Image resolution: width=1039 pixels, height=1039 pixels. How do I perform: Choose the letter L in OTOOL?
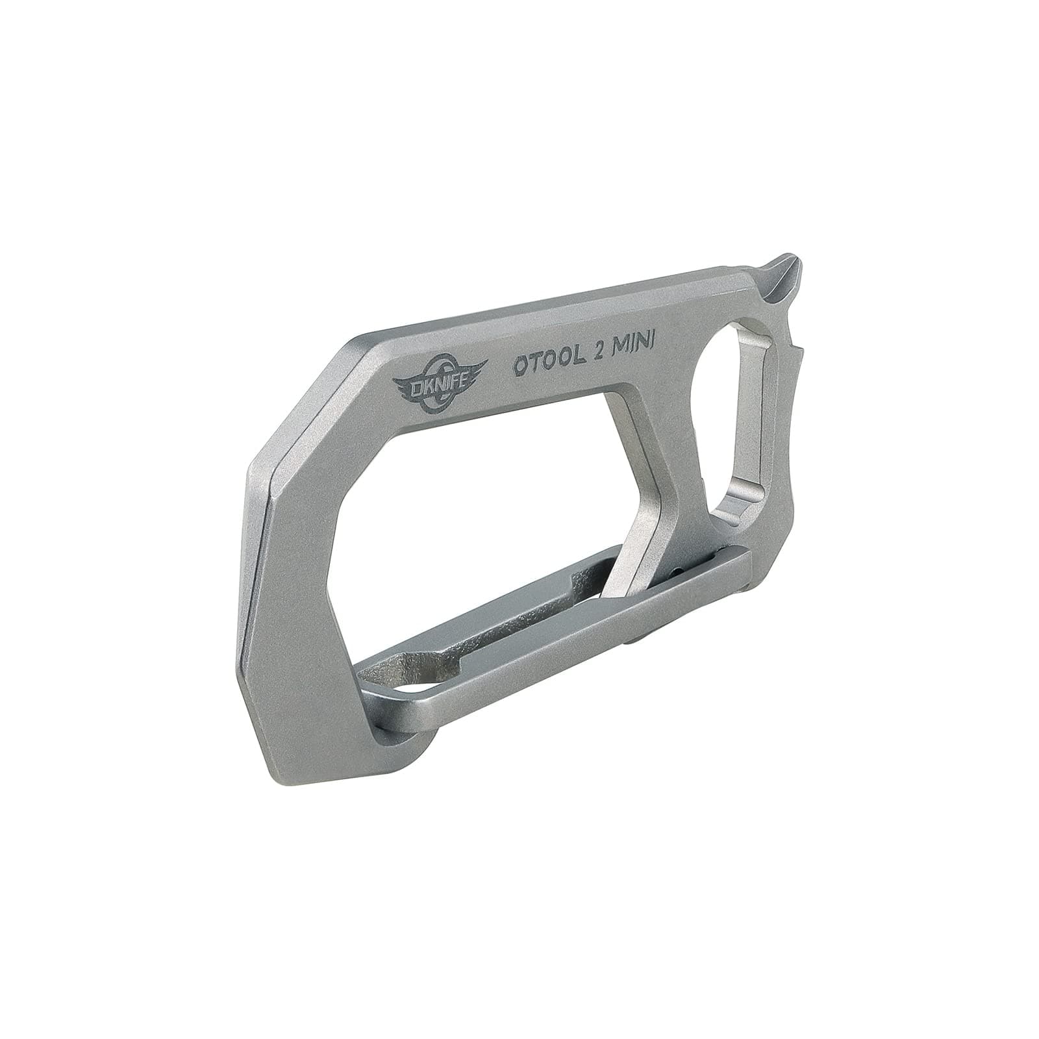(x=577, y=362)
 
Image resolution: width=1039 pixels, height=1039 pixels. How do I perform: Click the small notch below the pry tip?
(x=794, y=351)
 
